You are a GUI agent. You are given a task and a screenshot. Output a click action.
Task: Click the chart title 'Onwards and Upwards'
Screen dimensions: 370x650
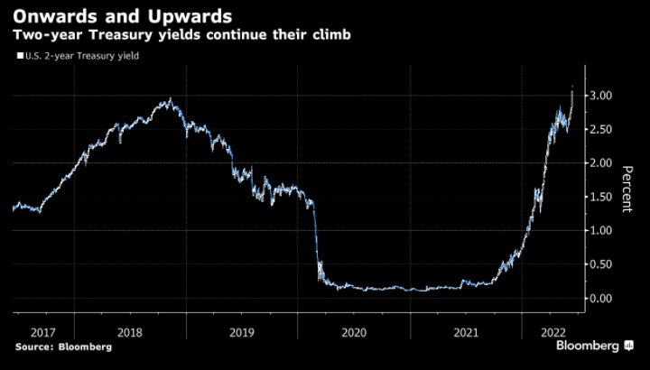(x=120, y=17)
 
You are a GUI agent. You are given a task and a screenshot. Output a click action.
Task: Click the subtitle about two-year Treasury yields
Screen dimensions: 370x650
(x=181, y=35)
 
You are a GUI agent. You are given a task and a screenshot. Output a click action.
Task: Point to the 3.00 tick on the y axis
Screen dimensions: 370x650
(x=602, y=96)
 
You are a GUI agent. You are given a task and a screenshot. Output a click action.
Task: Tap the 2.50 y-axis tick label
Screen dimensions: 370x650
(x=602, y=129)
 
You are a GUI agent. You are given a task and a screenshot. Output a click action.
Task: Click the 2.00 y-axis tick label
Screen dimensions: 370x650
(x=602, y=163)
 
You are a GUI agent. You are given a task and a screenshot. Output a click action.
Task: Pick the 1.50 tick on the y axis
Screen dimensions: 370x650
(x=602, y=197)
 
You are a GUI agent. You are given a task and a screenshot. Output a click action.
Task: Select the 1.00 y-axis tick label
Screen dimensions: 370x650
(x=602, y=231)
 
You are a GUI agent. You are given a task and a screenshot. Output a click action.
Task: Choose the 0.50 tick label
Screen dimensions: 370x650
(x=602, y=264)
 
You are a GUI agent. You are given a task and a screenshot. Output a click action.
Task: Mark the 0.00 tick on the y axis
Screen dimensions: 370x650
(x=602, y=299)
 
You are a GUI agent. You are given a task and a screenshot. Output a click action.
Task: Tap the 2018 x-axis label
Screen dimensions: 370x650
(x=129, y=331)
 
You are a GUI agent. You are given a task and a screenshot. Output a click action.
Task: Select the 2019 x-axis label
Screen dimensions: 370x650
(x=242, y=331)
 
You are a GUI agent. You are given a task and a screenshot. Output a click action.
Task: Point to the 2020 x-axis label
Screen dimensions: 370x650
(x=354, y=331)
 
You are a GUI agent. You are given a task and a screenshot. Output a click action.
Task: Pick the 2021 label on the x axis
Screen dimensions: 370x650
(x=466, y=331)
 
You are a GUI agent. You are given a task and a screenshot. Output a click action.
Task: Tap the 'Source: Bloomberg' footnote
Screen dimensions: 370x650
(x=62, y=347)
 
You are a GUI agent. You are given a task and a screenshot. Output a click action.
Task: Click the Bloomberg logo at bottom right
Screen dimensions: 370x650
(x=594, y=346)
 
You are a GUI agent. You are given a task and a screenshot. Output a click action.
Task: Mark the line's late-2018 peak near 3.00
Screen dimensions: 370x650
(x=171, y=99)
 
